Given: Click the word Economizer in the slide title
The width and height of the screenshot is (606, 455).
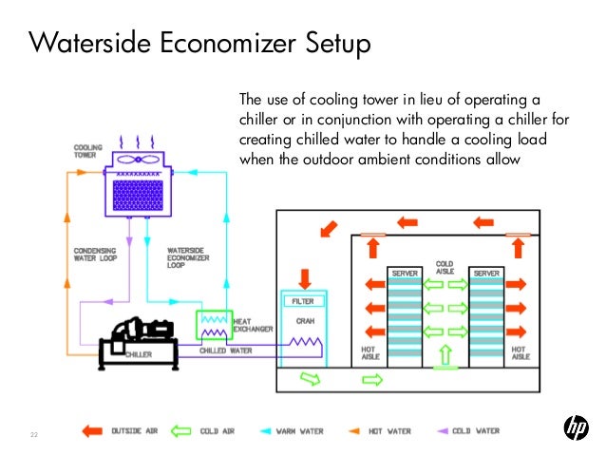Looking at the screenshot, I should click(x=191, y=45).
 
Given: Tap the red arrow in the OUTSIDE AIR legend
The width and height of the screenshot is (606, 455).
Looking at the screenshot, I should click(x=93, y=430).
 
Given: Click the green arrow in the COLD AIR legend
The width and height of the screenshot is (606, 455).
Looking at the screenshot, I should click(x=181, y=430).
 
